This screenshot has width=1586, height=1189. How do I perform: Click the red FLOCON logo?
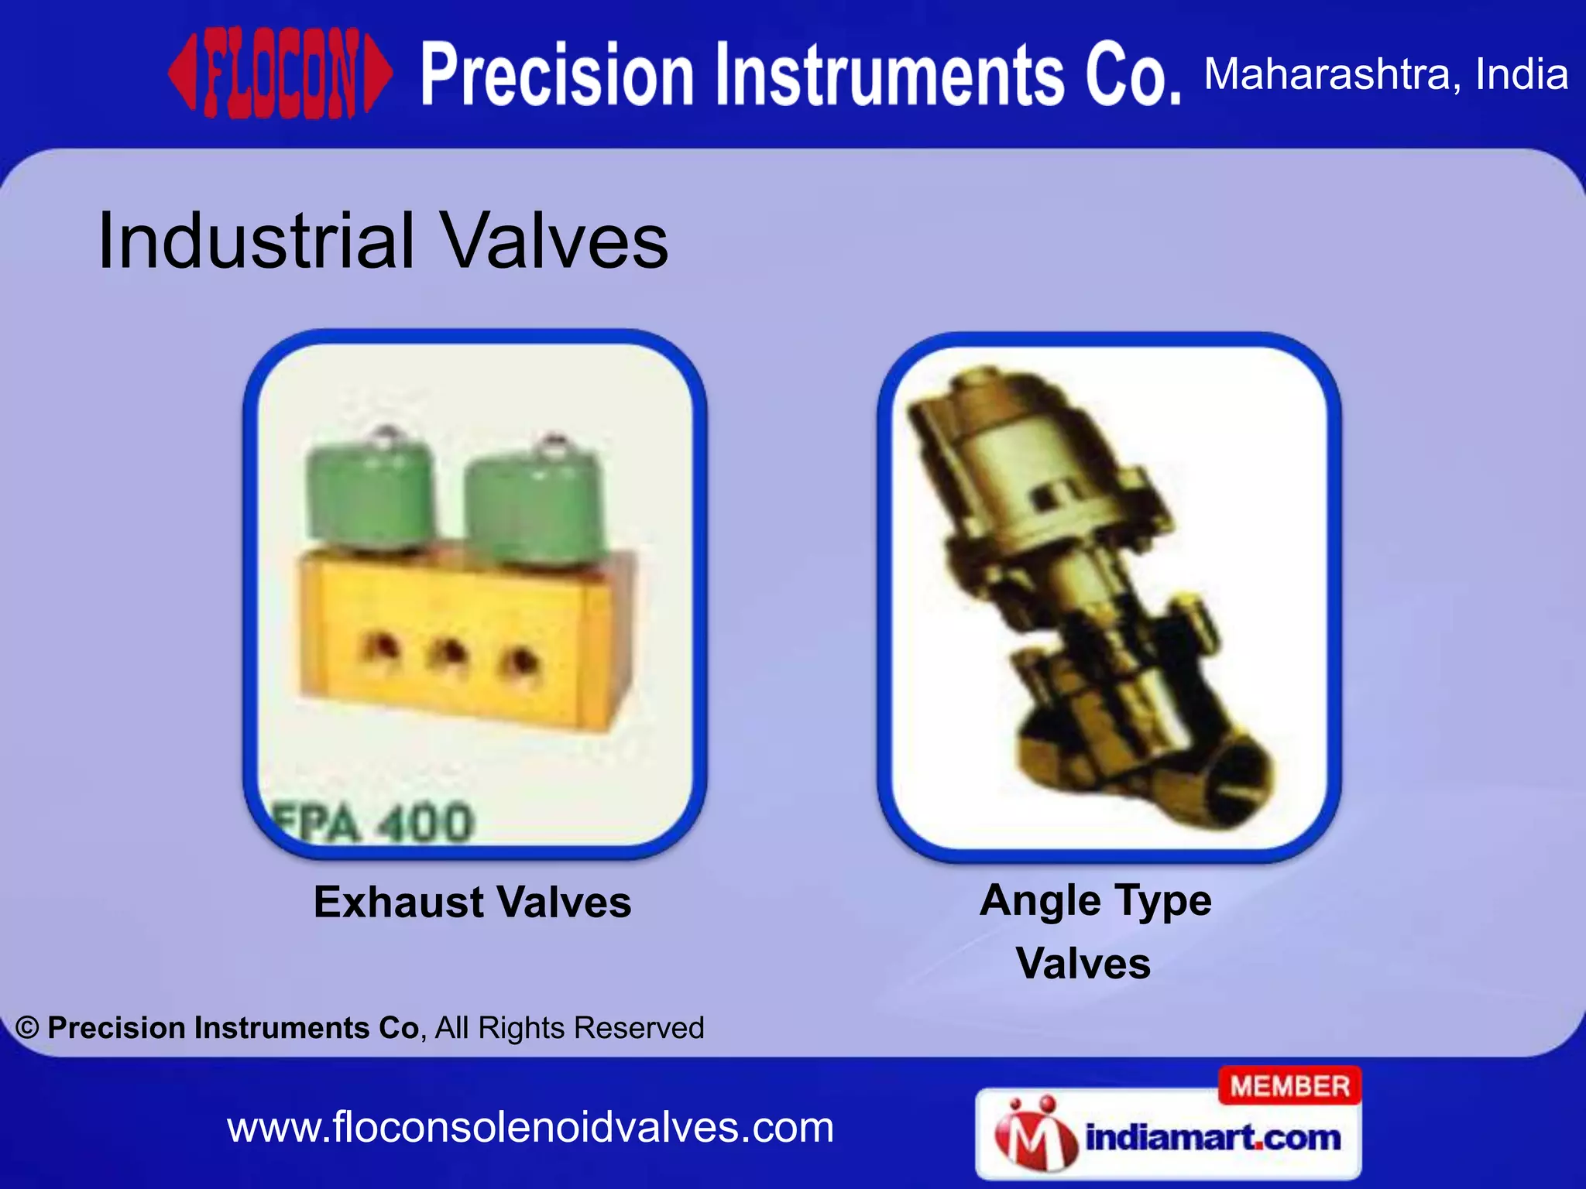tap(280, 74)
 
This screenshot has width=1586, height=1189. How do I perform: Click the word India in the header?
tap(1521, 74)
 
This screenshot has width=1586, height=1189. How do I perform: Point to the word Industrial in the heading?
tap(256, 242)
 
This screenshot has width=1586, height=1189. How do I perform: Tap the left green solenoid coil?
tap(368, 495)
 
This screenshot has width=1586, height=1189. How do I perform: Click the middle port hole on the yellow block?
tap(448, 654)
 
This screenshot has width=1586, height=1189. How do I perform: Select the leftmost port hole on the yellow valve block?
tap(379, 649)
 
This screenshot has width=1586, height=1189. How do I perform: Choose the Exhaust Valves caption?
tap(472, 903)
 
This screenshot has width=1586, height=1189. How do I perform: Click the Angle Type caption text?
tap(1095, 901)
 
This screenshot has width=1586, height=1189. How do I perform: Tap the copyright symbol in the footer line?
tap(27, 1028)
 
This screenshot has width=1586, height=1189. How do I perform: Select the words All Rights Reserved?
tap(569, 1028)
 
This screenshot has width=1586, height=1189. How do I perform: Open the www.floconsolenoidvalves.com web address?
tap(530, 1128)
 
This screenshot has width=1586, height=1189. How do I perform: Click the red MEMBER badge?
tap(1289, 1086)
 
